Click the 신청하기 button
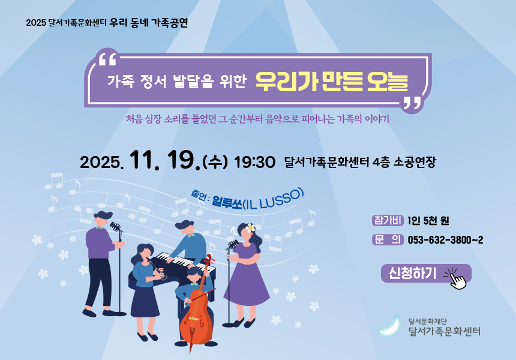[x=426, y=273]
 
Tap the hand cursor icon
[x=457, y=280]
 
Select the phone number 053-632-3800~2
[x=445, y=240]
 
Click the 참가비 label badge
[x=388, y=220]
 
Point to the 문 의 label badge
[x=388, y=239]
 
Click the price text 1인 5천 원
[x=428, y=220]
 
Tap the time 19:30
[x=254, y=162]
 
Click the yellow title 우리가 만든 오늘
[x=332, y=81]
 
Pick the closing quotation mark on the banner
[x=412, y=103]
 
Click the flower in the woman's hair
[x=251, y=227]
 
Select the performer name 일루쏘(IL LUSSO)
[x=257, y=200]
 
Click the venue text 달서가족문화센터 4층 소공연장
[x=360, y=162]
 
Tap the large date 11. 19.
[x=165, y=160]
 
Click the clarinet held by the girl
[x=157, y=269]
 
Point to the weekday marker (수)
[x=215, y=161]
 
